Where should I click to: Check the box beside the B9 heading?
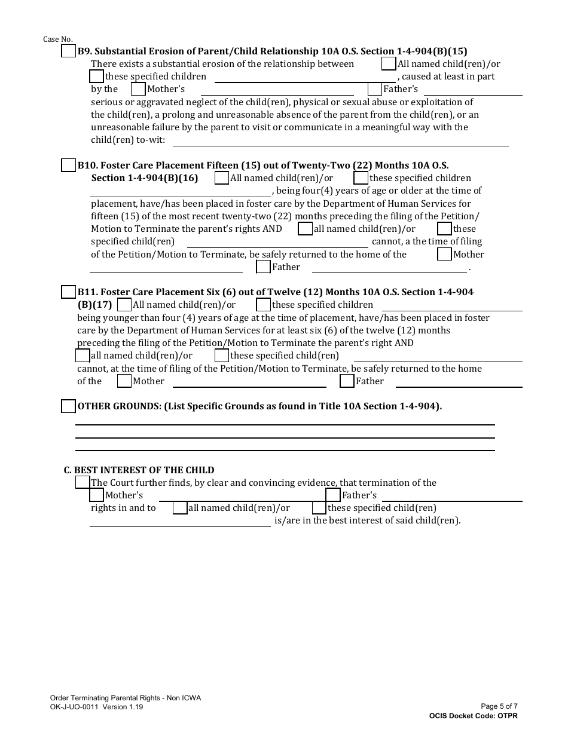pos(69,51)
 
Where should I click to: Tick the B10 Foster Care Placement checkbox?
pos(69,166)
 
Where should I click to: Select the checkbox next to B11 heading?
pos(69,292)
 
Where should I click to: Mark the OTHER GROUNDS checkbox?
pos(69,406)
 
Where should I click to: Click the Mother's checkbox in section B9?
pos(138,90)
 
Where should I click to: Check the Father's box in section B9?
pos(375,90)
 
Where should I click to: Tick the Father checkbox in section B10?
pos(263,267)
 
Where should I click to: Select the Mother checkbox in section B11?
pos(124,381)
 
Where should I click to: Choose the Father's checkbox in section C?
pos(333,495)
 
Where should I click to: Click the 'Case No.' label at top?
pos(58,39)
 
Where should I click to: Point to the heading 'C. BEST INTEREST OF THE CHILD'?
pos(139,470)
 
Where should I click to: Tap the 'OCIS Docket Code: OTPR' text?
pos(474,716)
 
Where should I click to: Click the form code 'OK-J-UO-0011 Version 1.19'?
pos(96,706)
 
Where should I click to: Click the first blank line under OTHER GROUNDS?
pos(285,424)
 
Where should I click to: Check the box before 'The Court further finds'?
pos(83,482)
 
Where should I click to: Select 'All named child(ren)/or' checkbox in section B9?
pos(389,64)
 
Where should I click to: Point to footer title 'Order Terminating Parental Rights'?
pos(126,698)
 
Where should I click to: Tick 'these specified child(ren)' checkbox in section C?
pos(319,508)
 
